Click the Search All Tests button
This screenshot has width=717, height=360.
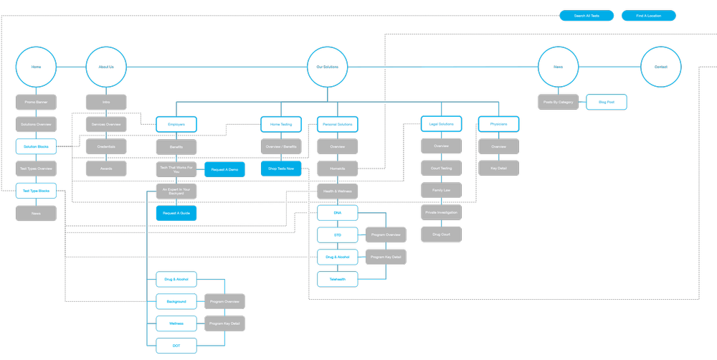click(587, 16)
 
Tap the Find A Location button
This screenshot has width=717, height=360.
click(648, 16)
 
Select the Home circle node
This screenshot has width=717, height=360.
click(36, 67)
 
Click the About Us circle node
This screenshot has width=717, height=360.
click(106, 67)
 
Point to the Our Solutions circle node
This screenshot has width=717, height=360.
click(328, 67)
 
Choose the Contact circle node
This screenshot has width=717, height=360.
click(660, 67)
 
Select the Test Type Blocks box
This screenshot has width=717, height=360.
click(36, 191)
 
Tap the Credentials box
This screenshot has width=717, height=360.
click(106, 146)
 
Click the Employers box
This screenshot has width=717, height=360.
click(176, 124)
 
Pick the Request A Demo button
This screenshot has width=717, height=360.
click(224, 169)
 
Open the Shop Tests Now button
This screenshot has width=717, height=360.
click(280, 169)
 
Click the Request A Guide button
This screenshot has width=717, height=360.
click(176, 213)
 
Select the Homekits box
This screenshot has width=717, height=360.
click(338, 169)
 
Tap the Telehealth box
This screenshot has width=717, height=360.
click(338, 279)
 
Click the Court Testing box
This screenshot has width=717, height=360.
click(441, 169)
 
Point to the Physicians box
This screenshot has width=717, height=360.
click(498, 124)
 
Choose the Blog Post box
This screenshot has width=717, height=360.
click(607, 103)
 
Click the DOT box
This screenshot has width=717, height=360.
click(176, 346)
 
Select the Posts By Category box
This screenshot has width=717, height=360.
click(559, 103)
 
